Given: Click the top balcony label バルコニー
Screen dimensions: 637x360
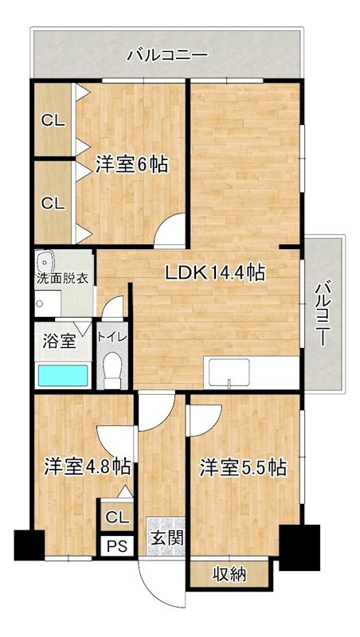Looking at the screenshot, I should click(x=167, y=56).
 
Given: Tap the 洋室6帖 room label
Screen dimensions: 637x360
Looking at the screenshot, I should click(x=132, y=165).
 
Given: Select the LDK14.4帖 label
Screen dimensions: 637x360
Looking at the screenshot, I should click(x=215, y=273).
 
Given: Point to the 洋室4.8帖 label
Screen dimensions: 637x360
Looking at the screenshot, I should click(x=87, y=466).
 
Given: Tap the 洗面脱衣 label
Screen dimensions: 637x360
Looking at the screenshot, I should click(x=63, y=279).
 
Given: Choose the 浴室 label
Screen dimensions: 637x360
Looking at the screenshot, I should click(x=59, y=341).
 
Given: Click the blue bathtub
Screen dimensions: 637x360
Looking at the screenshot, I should click(x=63, y=375).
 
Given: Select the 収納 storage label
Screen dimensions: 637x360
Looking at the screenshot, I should click(x=229, y=574).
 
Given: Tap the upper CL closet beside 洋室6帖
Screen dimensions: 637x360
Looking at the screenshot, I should click(x=53, y=121).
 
